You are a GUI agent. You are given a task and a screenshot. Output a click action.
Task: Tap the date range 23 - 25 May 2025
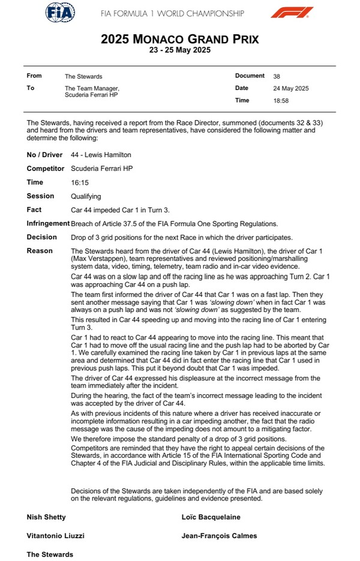[x=179, y=51]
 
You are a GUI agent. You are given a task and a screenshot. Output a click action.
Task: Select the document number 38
[x=277, y=77]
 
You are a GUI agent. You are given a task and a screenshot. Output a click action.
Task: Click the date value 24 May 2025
[x=290, y=89]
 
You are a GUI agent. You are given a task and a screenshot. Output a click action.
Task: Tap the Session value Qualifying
[x=86, y=196]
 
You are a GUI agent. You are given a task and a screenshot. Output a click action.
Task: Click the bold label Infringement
[x=47, y=223]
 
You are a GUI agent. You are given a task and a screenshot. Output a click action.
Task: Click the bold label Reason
[x=40, y=251]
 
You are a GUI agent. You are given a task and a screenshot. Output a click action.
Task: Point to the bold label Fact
[x=34, y=209]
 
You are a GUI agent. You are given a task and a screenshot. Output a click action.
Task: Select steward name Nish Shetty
[x=46, y=517]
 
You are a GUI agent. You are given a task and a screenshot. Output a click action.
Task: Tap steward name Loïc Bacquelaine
[x=211, y=517]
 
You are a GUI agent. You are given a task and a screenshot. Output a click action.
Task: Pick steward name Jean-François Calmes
[x=218, y=536]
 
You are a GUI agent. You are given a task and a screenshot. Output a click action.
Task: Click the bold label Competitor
[x=46, y=169]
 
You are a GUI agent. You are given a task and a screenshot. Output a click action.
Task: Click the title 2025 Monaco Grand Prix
[x=179, y=40]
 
